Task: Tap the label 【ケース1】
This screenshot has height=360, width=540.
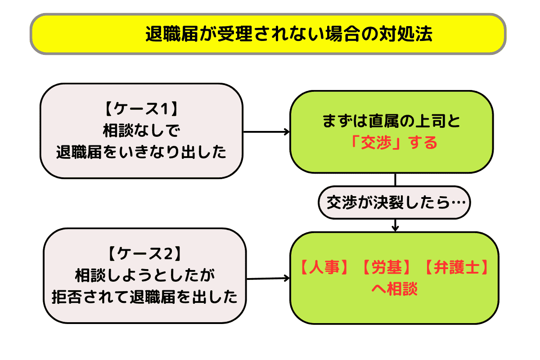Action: tap(141, 110)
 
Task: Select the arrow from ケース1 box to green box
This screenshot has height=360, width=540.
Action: tap(266, 132)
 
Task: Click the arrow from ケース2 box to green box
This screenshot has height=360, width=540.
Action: tap(268, 279)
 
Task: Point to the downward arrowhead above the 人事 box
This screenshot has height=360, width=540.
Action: tap(395, 227)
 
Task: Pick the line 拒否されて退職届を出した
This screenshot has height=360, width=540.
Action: tap(145, 297)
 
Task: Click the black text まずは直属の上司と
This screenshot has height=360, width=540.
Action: tap(391, 121)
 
